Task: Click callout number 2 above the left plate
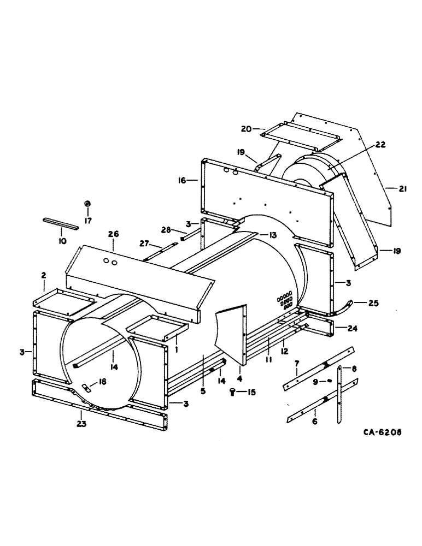click(x=43, y=276)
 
